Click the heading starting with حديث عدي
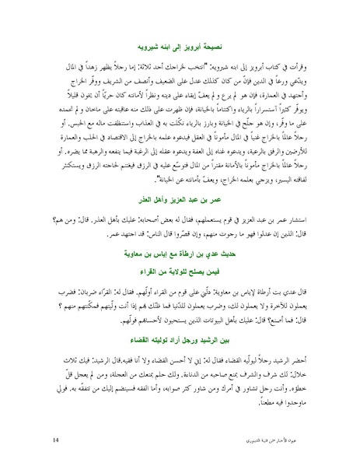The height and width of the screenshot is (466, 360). pyautogui.click(x=180, y=257)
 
